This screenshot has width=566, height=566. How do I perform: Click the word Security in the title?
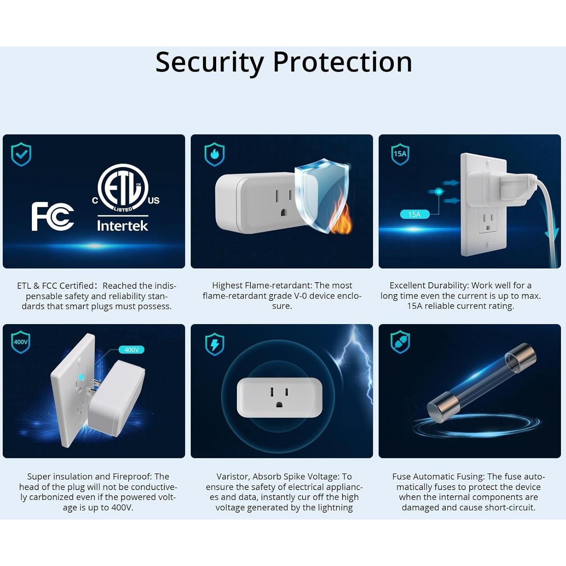coord(209,62)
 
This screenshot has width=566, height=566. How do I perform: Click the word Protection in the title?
coord(342,62)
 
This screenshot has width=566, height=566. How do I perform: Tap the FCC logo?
coord(53,217)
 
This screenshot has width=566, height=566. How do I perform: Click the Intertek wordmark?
coord(122,226)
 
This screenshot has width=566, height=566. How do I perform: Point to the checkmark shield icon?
coord(21,154)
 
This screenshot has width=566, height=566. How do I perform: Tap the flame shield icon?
coord(214,154)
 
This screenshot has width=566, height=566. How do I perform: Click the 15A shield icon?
coord(400,154)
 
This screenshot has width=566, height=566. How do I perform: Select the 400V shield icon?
coord(21,342)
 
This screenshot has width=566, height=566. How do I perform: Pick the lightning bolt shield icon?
coord(215,344)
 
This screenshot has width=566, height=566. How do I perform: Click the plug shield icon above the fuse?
coord(400,342)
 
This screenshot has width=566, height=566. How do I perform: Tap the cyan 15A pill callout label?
coord(414,214)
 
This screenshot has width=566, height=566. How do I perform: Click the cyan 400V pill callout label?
coord(131,350)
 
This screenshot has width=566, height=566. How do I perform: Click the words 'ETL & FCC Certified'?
coord(55,286)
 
